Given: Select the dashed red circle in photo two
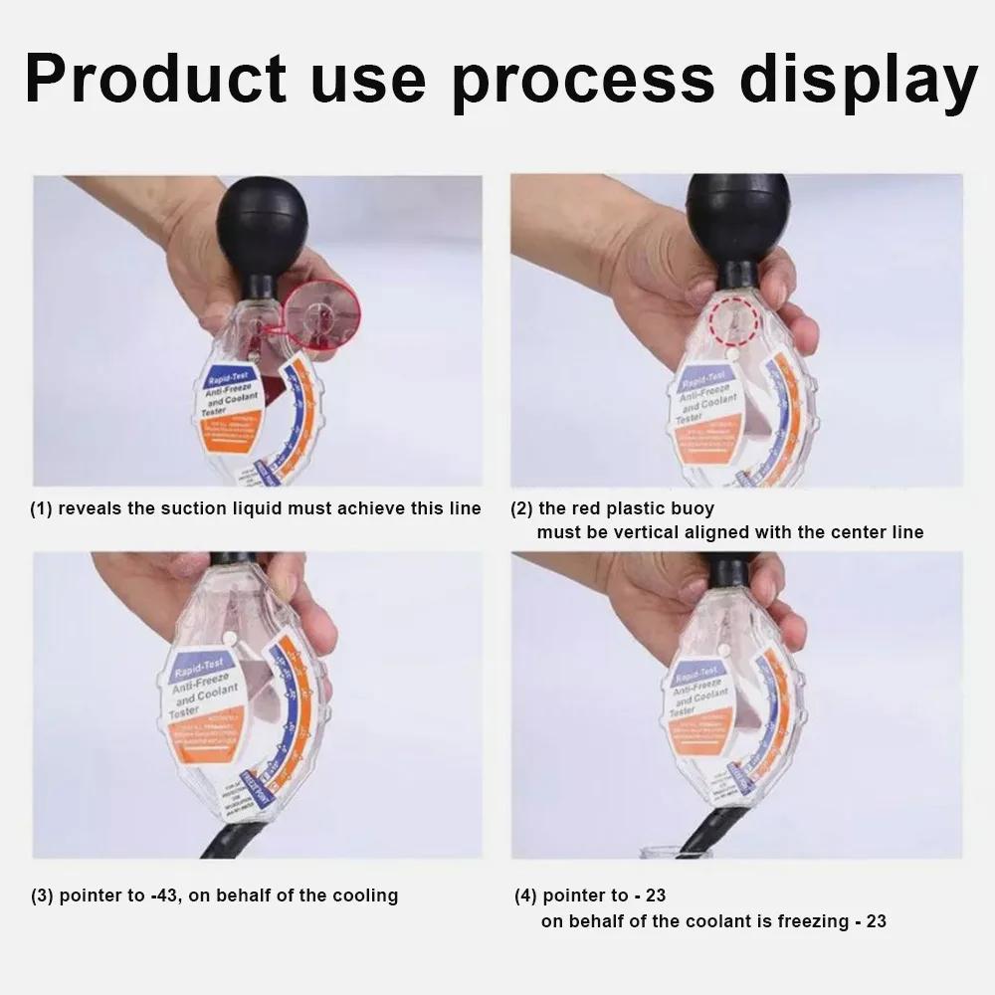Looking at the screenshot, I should [x=733, y=319].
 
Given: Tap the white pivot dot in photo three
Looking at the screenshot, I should [x=230, y=637].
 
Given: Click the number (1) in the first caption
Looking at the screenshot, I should [x=41, y=508].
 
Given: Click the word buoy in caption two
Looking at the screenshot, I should [x=693, y=508].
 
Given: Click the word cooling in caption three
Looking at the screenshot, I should [x=364, y=895].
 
